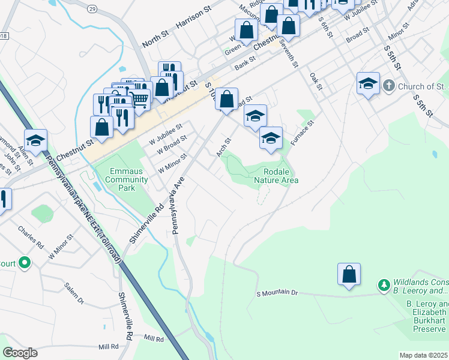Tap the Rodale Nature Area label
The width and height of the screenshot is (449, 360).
(x=276, y=176)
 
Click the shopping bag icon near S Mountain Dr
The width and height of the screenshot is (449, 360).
(x=349, y=275)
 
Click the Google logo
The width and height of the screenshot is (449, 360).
(x=20, y=353)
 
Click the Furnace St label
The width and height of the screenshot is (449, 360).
(x=303, y=134)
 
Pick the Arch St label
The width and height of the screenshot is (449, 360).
(x=223, y=146)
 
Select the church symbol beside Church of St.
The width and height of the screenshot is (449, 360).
(x=390, y=85)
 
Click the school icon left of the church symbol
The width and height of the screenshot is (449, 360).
(x=368, y=84)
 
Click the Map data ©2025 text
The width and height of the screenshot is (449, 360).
(x=423, y=355)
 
